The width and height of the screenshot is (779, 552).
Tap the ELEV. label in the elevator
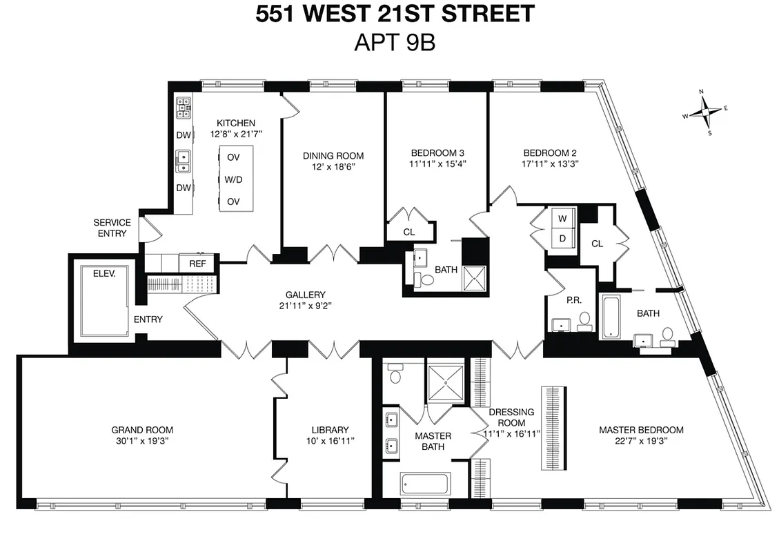106,273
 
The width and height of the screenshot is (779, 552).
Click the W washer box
562,219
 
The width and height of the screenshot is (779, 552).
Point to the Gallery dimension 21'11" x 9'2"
306,306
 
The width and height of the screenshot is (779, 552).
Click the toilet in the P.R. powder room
584,321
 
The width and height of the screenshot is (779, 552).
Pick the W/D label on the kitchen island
233,179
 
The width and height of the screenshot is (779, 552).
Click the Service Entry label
112,228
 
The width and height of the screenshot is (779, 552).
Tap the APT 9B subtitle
394,42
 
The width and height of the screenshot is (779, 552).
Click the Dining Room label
333,156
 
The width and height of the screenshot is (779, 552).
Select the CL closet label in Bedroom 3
409,233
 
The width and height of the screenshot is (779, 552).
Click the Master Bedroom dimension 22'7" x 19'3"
640,440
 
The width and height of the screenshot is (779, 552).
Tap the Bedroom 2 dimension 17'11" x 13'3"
549,164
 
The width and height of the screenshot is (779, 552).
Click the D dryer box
562,239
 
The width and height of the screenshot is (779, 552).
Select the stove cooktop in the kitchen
184,106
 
